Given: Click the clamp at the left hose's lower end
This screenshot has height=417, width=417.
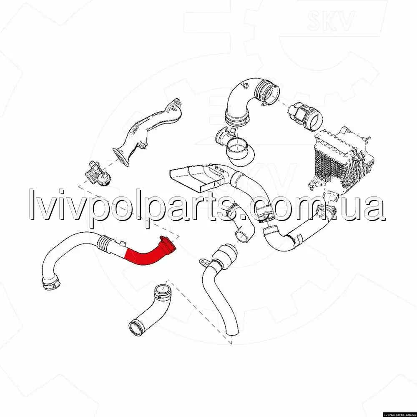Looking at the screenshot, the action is pos(51,283).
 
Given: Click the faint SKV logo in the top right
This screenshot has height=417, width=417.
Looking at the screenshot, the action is pos(331,20).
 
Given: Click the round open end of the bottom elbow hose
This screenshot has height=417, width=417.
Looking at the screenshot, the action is pos(136,329).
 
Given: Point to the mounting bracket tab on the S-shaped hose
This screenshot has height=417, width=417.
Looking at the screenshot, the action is pos(204,262).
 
